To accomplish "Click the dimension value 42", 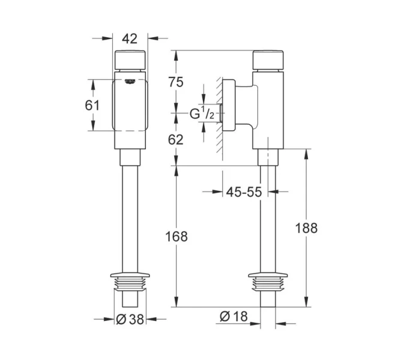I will pyautogui.click(x=130, y=38).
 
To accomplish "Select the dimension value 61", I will pyautogui.click(x=92, y=105).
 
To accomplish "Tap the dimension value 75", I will pyautogui.click(x=175, y=83).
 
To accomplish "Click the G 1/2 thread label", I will pyautogui.click(x=202, y=112).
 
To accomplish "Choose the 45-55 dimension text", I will pyautogui.click(x=244, y=192).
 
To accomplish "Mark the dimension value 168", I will pyautogui.click(x=175, y=236).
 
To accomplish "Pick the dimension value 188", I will pyautogui.click(x=307, y=227).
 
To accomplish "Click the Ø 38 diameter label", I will pyautogui.click(x=130, y=319).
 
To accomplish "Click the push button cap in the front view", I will pyautogui.click(x=130, y=62).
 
